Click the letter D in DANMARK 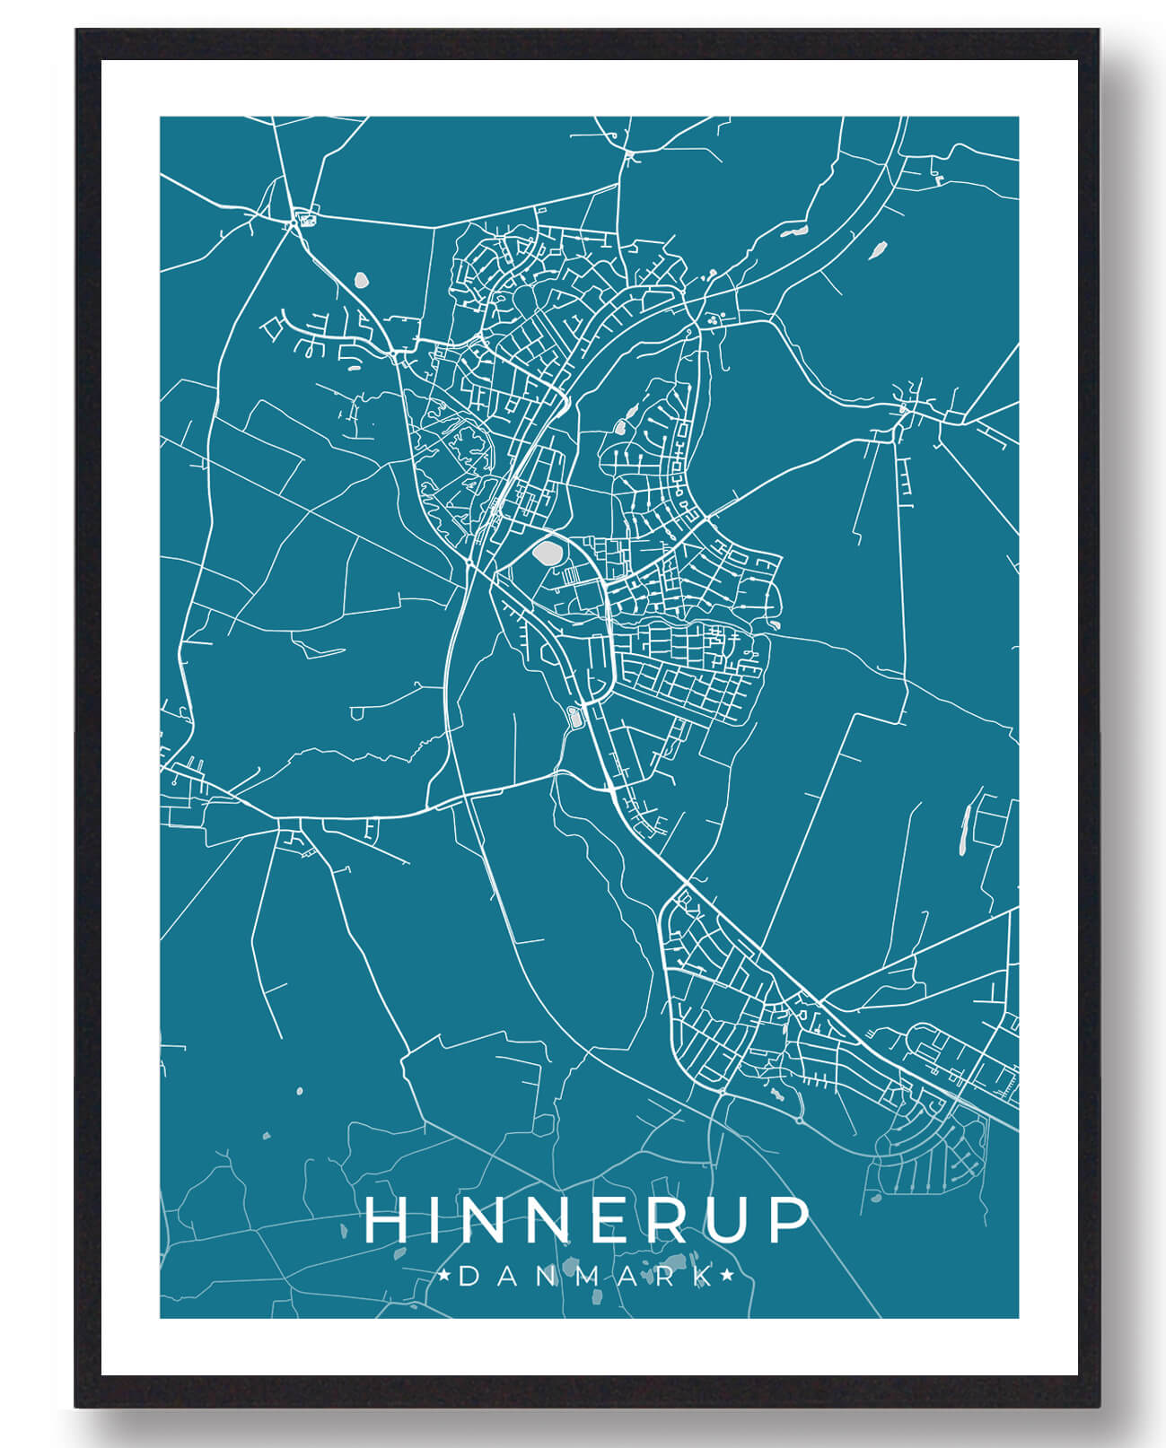click(x=468, y=1277)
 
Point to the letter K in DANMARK click(x=705, y=1277)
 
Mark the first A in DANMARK click(x=504, y=1277)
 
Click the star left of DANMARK click(x=444, y=1276)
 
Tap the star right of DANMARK click(x=728, y=1276)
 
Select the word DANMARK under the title click(x=585, y=1277)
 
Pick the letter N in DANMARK click(x=542, y=1277)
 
